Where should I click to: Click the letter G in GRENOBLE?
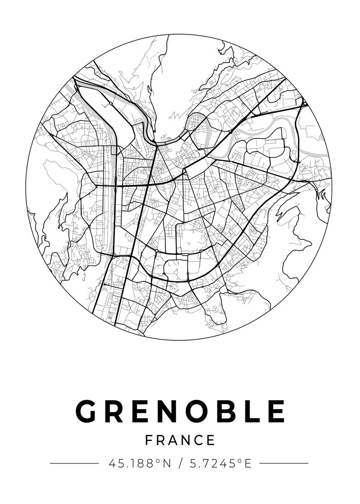coord(87,412)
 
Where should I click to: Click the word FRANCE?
coord(180,440)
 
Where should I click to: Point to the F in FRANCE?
coord(149,440)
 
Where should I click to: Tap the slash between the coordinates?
coord(180,464)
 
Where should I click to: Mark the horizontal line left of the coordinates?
coord(74,463)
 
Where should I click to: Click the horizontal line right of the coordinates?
coord(284,463)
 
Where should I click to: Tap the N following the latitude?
coord(167,464)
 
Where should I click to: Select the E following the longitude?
coord(248,464)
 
